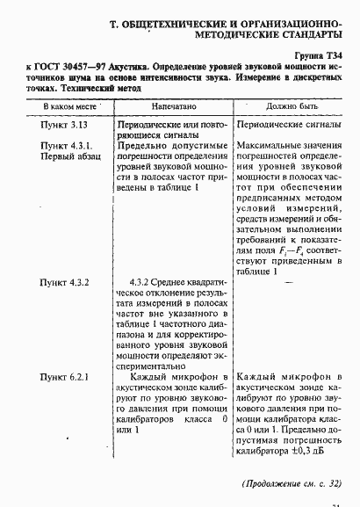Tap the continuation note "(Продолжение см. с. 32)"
[292, 484]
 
